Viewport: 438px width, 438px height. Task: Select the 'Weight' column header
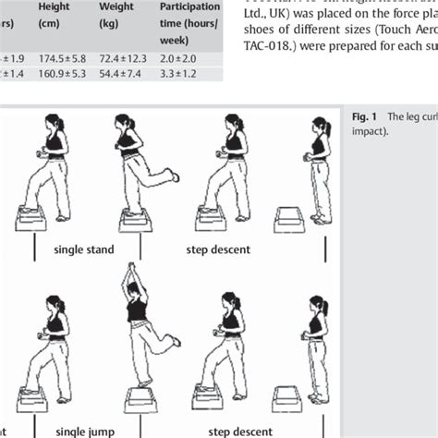click(x=116, y=6)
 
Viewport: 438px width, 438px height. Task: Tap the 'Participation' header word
click(x=189, y=6)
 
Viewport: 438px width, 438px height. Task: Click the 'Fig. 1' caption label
click(x=363, y=117)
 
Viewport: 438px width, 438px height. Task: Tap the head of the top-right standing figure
click(x=320, y=127)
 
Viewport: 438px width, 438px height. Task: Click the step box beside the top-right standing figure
click(x=290, y=219)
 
